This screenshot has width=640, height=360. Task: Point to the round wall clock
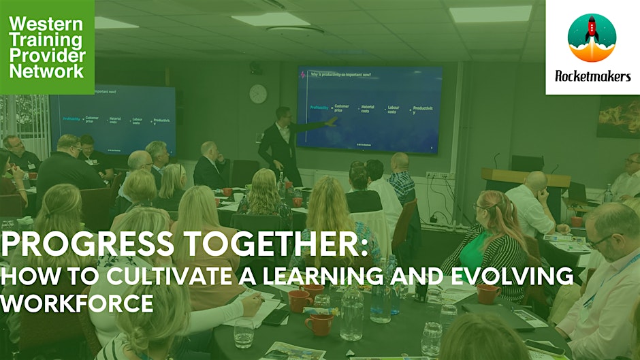(x=258, y=94)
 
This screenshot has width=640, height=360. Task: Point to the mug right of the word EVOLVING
(x=487, y=293)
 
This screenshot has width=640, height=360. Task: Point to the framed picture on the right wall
(x=618, y=116)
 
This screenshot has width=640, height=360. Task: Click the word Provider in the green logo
(x=46, y=56)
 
